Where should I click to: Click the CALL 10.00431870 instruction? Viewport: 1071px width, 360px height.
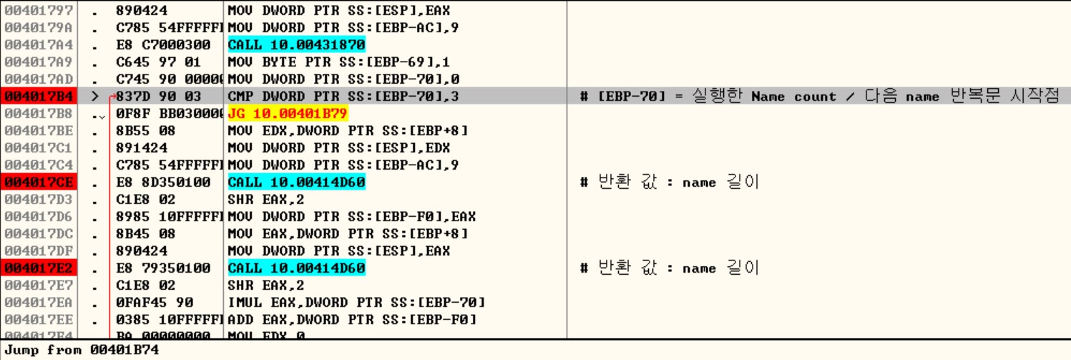(296, 45)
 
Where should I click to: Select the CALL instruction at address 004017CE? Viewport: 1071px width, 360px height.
(296, 183)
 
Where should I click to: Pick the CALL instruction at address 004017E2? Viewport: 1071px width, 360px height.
(296, 268)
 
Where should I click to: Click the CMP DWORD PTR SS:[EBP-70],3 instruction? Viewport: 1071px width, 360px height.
(343, 97)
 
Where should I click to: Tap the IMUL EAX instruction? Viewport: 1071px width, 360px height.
(356, 303)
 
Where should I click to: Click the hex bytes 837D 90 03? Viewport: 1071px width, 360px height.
(159, 97)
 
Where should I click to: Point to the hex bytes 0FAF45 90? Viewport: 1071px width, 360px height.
(159, 303)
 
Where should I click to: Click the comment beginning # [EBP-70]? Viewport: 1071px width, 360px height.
(819, 97)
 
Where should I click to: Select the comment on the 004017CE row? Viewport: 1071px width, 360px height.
(669, 183)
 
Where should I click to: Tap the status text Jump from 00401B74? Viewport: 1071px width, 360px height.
(82, 350)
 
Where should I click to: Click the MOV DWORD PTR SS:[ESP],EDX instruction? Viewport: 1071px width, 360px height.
(339, 148)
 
